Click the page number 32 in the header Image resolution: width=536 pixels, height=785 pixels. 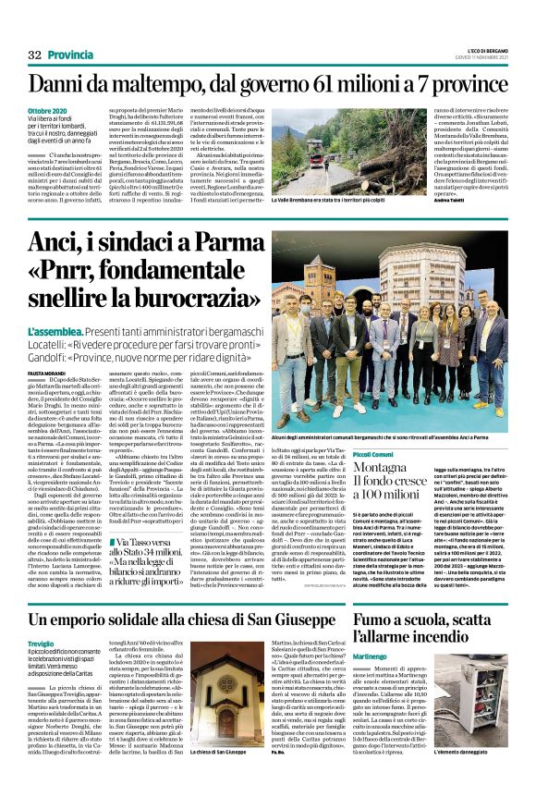(x=36, y=55)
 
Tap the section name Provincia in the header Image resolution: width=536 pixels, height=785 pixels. (x=70, y=55)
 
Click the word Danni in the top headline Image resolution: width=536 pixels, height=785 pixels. (x=65, y=85)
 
